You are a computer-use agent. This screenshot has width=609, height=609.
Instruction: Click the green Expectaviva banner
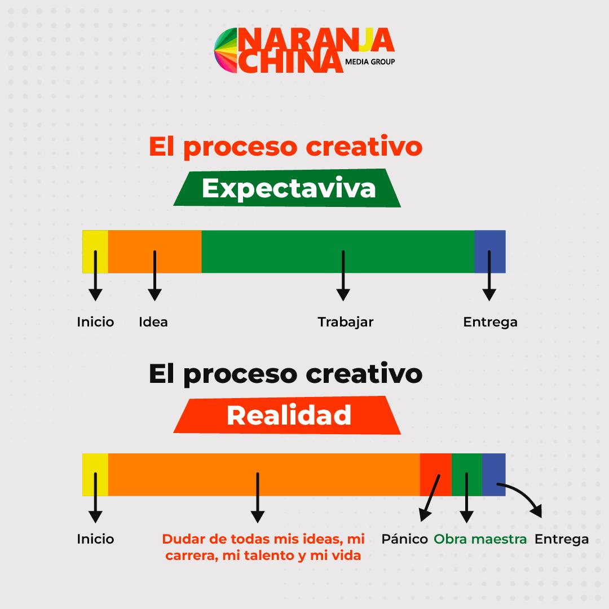pyautogui.click(x=287, y=188)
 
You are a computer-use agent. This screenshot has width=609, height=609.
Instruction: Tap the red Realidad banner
pyautogui.click(x=287, y=415)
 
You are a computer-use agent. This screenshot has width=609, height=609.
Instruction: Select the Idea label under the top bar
pyautogui.click(x=153, y=322)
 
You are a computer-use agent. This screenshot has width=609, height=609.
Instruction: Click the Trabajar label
pyautogui.click(x=345, y=322)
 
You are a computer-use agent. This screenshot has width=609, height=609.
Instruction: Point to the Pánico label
pyautogui.click(x=404, y=539)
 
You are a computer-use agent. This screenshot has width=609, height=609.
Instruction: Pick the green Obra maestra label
pyautogui.click(x=480, y=539)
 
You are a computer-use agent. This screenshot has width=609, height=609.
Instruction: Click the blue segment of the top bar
pyautogui.click(x=490, y=251)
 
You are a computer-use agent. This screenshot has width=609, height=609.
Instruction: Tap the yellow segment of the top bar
pyautogui.click(x=95, y=251)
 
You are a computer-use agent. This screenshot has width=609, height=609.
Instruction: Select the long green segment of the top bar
pyautogui.click(x=338, y=251)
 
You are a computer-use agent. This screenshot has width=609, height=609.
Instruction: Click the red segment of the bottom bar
pyautogui.click(x=436, y=475)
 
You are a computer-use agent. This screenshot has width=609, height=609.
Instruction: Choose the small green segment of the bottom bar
pyautogui.click(x=467, y=475)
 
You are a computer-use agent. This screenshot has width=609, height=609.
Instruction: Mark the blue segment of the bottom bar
pyautogui.click(x=493, y=475)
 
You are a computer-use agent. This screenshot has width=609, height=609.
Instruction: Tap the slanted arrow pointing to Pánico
pyautogui.click(x=430, y=497)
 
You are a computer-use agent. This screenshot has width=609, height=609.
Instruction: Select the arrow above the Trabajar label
pyautogui.click(x=343, y=275)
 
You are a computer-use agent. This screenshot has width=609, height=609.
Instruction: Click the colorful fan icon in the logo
pyautogui.click(x=226, y=50)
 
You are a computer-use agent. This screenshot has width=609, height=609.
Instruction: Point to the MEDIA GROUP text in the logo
pyautogui.click(x=370, y=62)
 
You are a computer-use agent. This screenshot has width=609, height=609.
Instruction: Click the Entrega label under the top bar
pyautogui.click(x=490, y=323)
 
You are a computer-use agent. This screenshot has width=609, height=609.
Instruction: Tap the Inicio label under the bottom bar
pyautogui.click(x=95, y=539)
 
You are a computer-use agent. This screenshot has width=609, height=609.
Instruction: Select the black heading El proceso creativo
pyautogui.click(x=285, y=374)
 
